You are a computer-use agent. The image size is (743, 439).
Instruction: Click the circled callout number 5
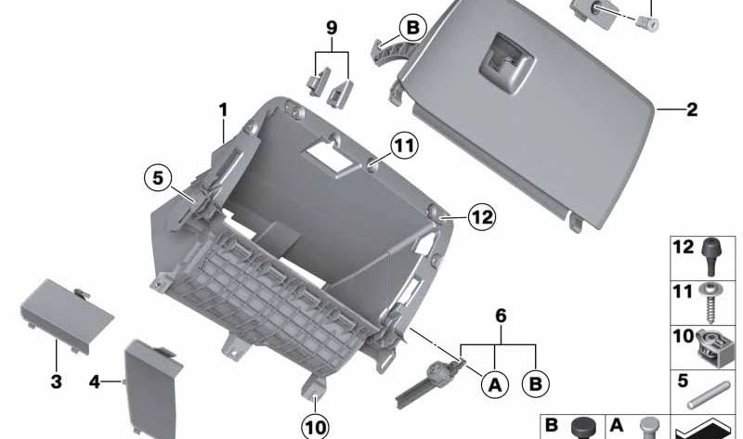point(158,178)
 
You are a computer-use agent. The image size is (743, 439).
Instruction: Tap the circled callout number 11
point(404,146)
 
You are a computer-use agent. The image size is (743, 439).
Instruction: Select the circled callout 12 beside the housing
point(482,217)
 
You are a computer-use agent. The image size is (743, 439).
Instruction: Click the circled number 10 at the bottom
point(315,428)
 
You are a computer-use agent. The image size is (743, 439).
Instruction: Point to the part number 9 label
point(332,28)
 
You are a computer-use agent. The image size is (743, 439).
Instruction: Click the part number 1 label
point(223,110)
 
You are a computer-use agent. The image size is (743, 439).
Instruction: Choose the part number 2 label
point(692,110)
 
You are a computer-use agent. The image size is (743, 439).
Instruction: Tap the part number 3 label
point(56,381)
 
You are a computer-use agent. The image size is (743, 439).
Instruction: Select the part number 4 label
point(95,381)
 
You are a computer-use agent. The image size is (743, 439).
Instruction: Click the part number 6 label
point(501,316)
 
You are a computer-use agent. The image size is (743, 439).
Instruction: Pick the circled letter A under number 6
point(495,384)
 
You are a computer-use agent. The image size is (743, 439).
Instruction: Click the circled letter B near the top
point(412,28)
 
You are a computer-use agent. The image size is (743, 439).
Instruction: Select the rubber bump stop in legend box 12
point(710,256)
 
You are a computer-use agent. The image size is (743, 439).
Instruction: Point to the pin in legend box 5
point(709,395)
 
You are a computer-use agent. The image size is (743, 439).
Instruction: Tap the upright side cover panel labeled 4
point(152,389)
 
